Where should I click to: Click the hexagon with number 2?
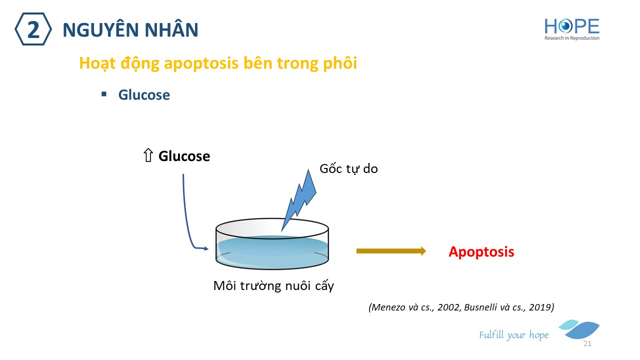[x=33, y=29]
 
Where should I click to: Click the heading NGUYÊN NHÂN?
[x=130, y=29]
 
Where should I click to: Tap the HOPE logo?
[x=572, y=29]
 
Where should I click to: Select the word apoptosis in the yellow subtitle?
[x=201, y=63]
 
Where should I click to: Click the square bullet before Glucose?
[x=104, y=94]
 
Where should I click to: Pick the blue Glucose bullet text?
[x=144, y=95]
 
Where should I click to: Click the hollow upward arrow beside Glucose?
[x=148, y=155]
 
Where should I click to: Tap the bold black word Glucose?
[x=184, y=156]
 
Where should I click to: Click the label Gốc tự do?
[x=348, y=168]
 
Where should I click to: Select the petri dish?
[x=272, y=244]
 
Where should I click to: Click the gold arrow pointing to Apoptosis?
[x=391, y=251]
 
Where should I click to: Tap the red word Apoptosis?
[x=481, y=251]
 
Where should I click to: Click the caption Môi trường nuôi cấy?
[x=273, y=285]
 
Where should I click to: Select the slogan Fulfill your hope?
[x=513, y=335]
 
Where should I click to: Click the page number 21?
[x=587, y=343]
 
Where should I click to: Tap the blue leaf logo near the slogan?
[x=580, y=329]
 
